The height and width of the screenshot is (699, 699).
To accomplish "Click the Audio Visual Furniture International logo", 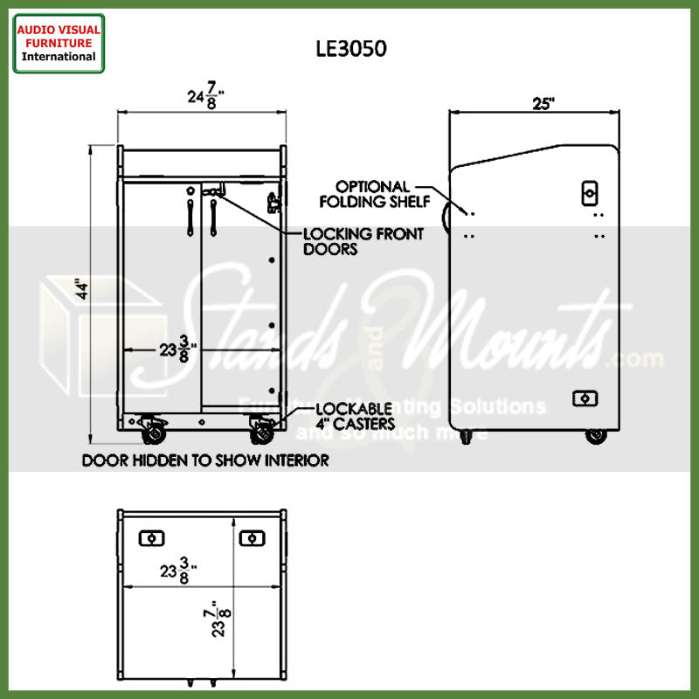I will click(x=59, y=43).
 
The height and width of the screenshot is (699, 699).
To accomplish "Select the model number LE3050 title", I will click(x=351, y=50).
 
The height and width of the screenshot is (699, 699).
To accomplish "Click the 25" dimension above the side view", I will click(x=543, y=103).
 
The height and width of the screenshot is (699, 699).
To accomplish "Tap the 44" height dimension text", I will click(x=81, y=290).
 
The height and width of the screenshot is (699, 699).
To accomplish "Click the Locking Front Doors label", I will click(x=363, y=241).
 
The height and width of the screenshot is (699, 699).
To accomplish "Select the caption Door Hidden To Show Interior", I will click(x=205, y=460).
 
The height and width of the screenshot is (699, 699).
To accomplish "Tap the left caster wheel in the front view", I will click(x=154, y=430).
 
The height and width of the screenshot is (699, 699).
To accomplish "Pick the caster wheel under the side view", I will click(x=597, y=435).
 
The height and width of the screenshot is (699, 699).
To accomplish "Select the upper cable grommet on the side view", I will click(x=590, y=193).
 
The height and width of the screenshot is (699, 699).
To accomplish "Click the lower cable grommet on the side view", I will click(x=584, y=398).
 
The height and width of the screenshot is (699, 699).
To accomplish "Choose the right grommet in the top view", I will click(x=252, y=537).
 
